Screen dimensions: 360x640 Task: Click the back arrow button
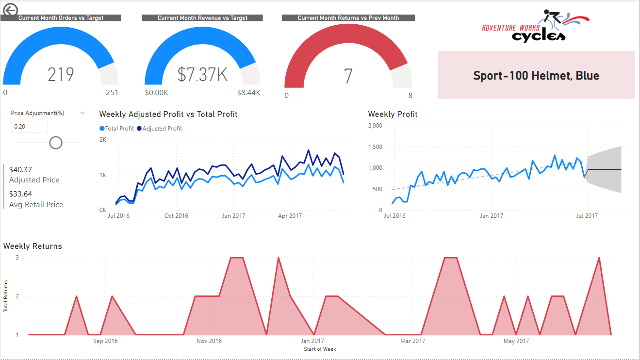(x=10, y=10)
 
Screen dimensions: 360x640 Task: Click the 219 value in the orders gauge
(x=61, y=75)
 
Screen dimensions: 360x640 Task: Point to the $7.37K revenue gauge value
(x=202, y=75)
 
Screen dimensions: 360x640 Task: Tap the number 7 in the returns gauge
(x=348, y=77)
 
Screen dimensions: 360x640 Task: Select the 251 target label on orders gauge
(x=112, y=93)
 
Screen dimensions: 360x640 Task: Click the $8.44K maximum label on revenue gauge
(x=248, y=93)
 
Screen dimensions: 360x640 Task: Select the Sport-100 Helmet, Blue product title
(x=536, y=76)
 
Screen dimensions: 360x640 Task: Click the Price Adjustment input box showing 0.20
(x=29, y=126)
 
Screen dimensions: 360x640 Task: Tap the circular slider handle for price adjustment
(x=56, y=142)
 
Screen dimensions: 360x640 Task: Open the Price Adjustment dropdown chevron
(x=82, y=113)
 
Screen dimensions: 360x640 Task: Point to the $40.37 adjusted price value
(x=20, y=170)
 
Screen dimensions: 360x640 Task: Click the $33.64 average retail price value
(x=20, y=195)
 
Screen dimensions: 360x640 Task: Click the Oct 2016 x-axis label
(x=176, y=216)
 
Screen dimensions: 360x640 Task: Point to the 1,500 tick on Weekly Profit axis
(x=375, y=147)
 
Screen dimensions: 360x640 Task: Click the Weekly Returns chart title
(x=33, y=246)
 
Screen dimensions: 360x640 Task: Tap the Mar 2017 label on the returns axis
(x=412, y=341)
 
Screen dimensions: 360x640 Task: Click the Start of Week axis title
(x=320, y=349)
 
